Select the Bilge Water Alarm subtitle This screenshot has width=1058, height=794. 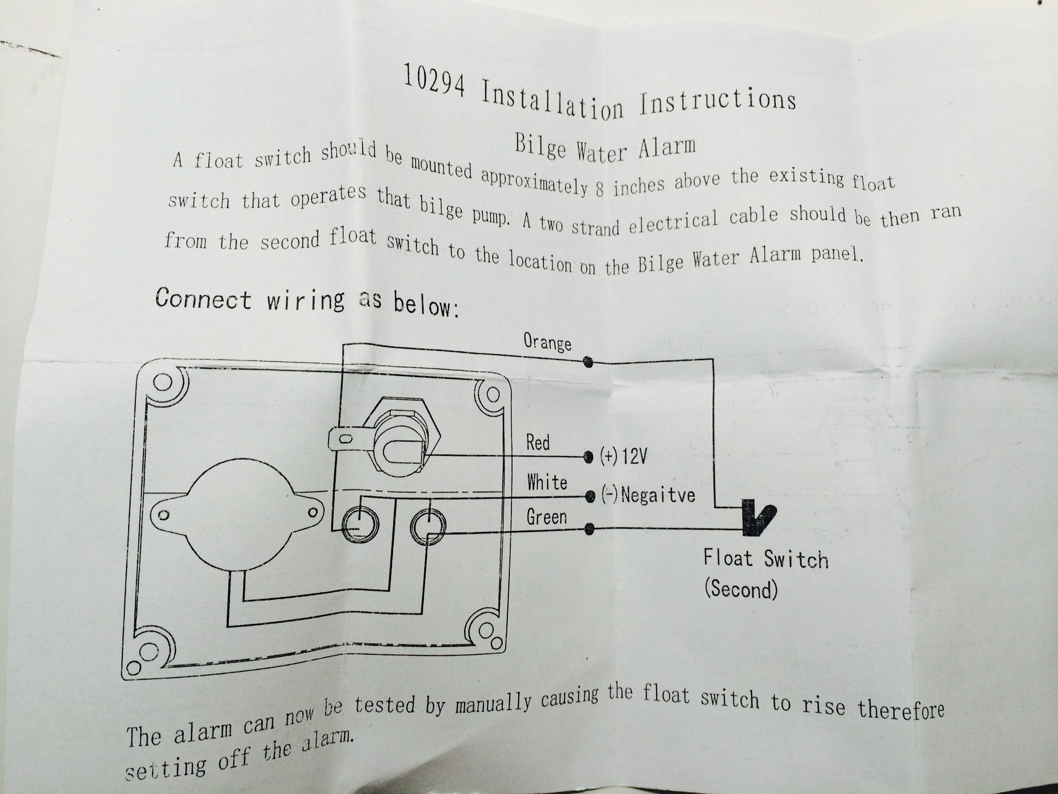pos(605,148)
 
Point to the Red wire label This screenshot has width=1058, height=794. pos(538,443)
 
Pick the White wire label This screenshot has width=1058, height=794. pos(547,482)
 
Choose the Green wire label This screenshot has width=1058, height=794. pos(546,517)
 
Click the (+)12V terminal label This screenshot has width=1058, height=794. pos(624,456)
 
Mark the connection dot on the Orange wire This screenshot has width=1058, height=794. pos(588,362)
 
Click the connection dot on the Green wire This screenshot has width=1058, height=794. pos(588,529)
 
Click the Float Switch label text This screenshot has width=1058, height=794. pos(766,559)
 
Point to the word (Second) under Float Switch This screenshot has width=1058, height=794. pos(741,589)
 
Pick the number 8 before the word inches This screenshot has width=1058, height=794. pos(600,188)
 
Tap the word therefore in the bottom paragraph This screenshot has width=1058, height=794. pos(901,709)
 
